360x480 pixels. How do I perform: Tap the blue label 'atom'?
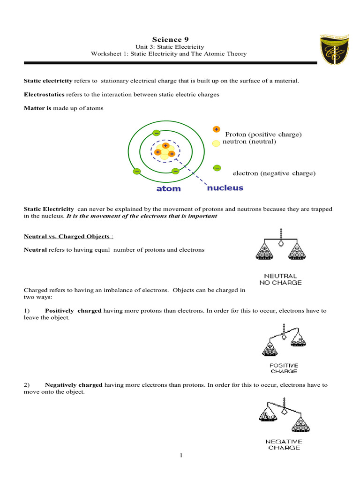(168, 189)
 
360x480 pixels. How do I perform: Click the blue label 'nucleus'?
(225, 187)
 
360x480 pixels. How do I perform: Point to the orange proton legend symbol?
(216, 129)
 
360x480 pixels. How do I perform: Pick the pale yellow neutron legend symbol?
(216, 143)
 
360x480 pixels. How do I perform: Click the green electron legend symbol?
(217, 167)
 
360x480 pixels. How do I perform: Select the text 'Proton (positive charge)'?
(263, 135)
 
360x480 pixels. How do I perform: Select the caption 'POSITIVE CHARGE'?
(283, 368)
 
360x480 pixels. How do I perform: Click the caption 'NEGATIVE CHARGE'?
(285, 444)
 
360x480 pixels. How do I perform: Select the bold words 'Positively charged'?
(73, 311)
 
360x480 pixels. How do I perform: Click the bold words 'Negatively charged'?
(74, 385)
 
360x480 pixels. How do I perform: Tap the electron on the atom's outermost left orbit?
(137, 171)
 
